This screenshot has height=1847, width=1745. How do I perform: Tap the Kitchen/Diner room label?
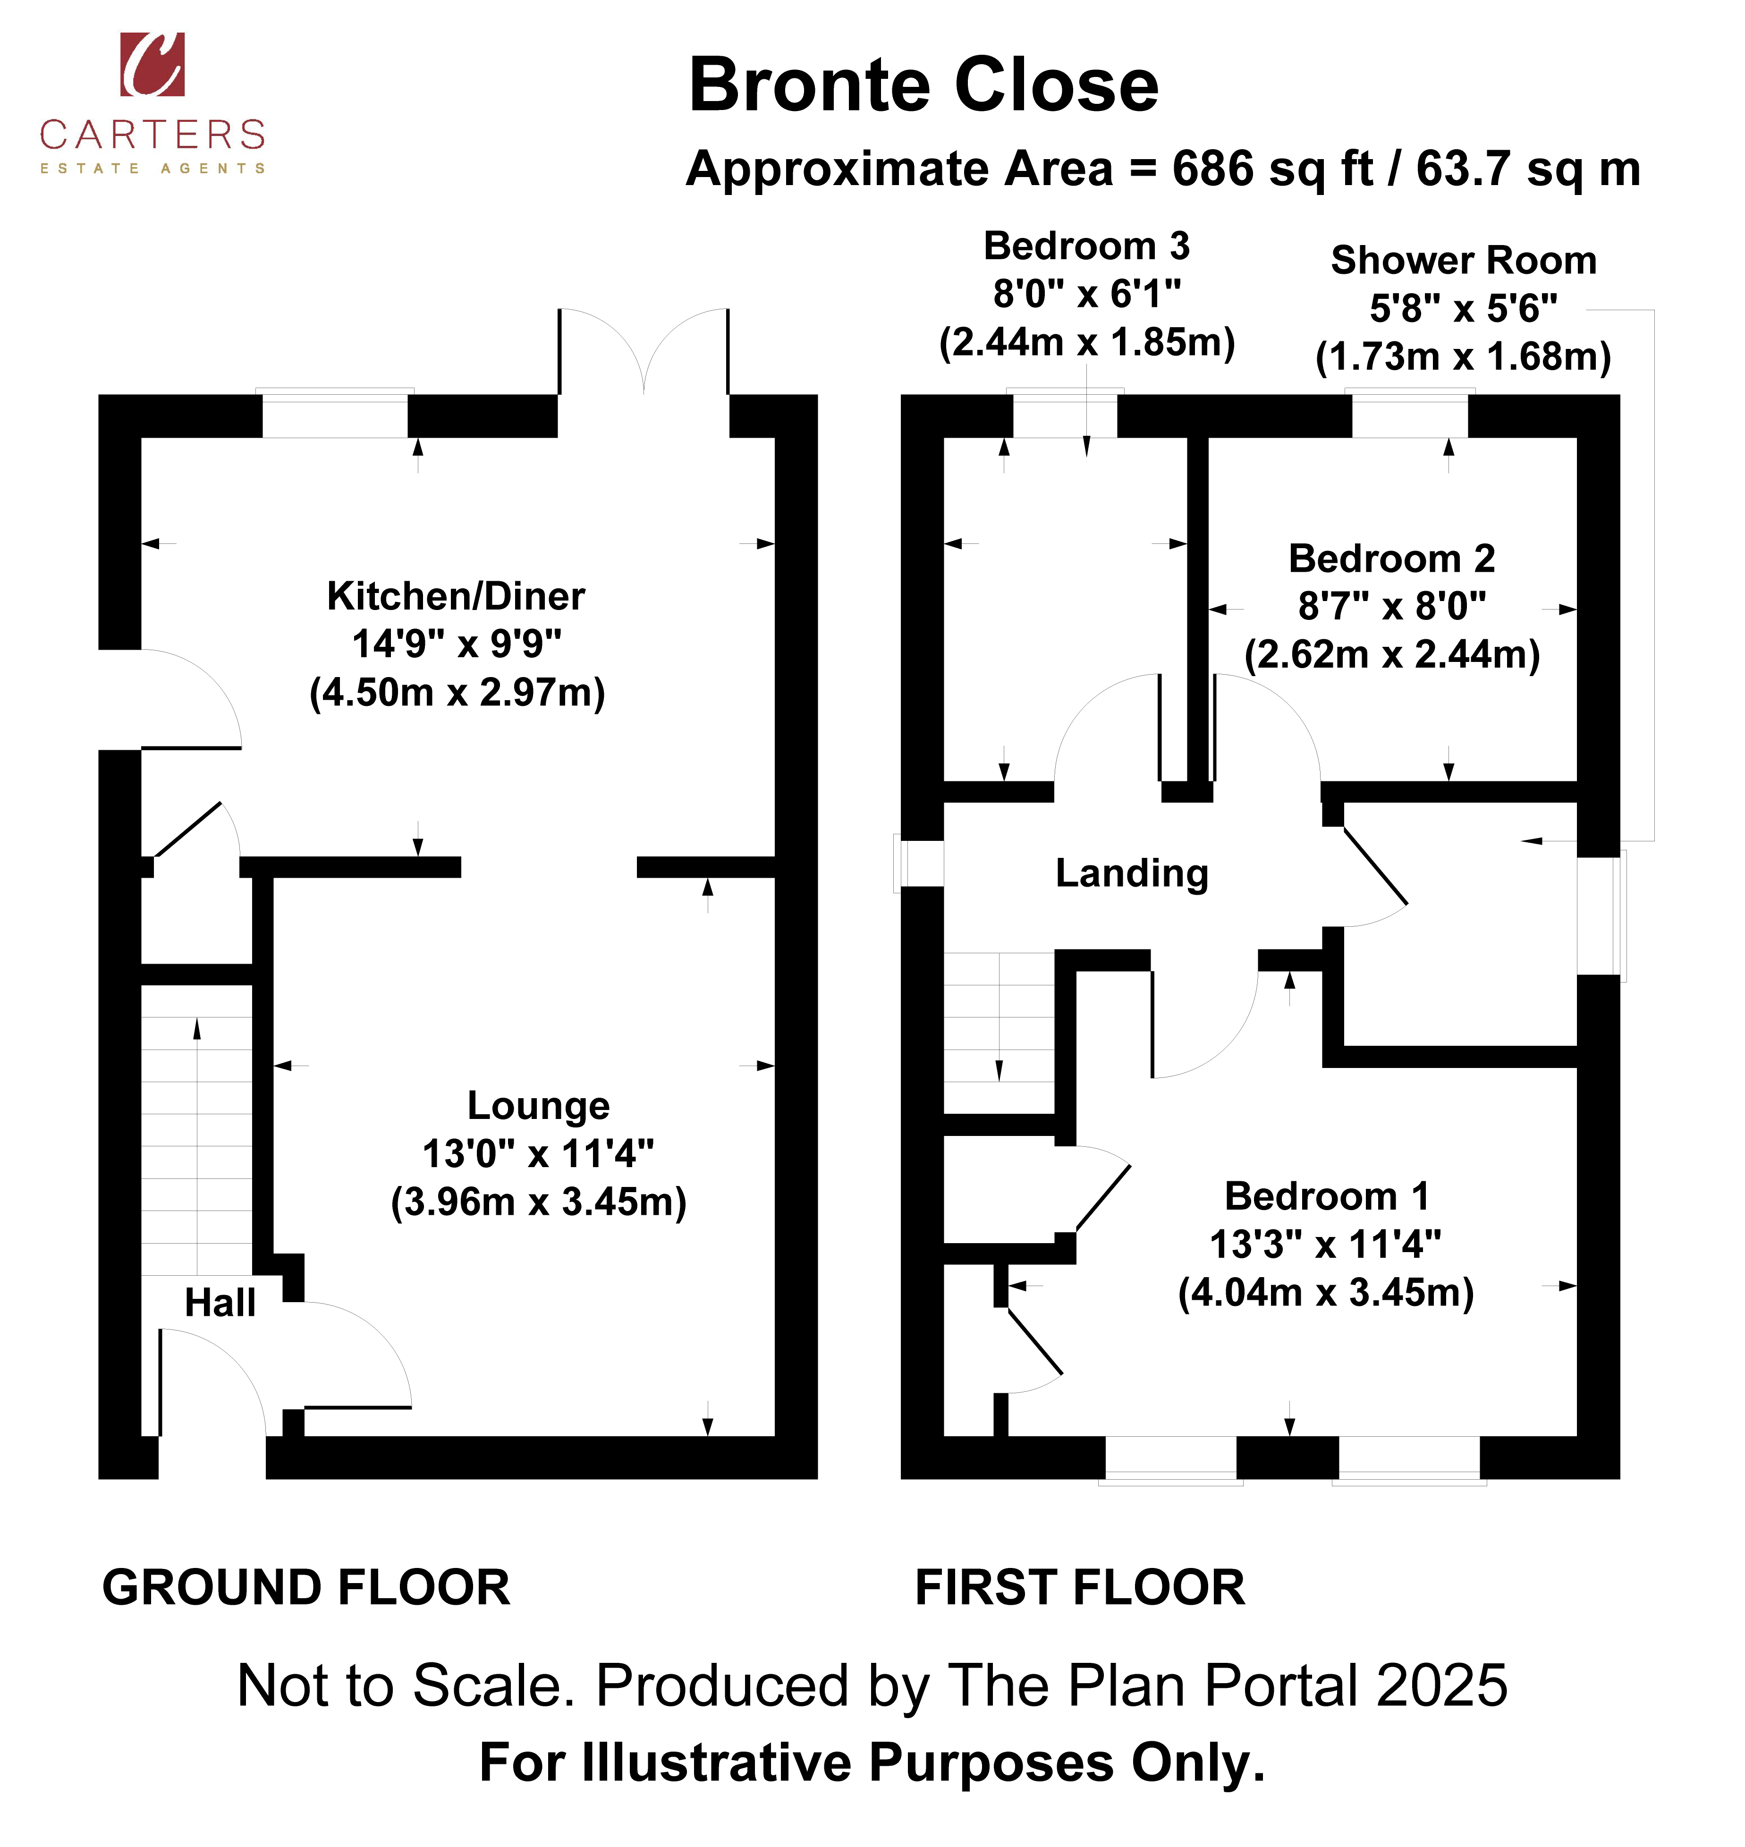(x=456, y=596)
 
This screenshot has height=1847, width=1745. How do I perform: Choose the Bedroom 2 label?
(x=1391, y=559)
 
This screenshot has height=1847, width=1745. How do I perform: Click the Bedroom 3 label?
(x=1086, y=246)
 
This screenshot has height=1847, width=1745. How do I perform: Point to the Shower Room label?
(x=1463, y=261)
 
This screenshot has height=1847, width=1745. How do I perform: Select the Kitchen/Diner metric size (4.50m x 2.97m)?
(x=457, y=693)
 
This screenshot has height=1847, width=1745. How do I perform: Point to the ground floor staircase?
(x=196, y=1146)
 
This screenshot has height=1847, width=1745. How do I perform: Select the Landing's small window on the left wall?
(x=919, y=863)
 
